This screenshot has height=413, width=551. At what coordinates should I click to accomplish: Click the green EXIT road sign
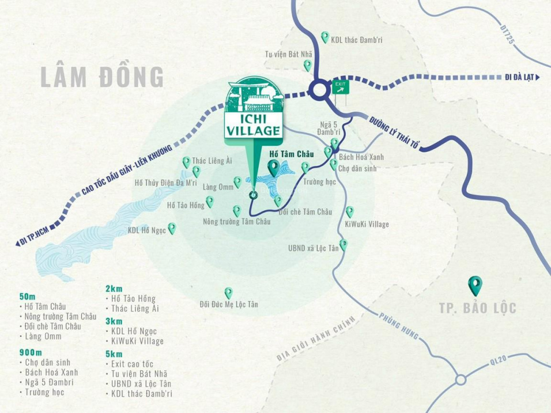coord(341,86)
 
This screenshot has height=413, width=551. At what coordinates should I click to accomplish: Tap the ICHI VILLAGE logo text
coord(253,124)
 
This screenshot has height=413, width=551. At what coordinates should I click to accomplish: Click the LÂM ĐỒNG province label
coord(103,77)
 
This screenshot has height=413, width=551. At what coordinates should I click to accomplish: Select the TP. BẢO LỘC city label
coord(476,308)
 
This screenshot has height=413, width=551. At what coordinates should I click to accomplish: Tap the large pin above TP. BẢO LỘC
coord(476,283)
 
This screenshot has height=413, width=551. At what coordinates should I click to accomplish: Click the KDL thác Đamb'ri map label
coord(357,40)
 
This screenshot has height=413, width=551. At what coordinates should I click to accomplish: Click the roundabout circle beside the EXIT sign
coord(318,89)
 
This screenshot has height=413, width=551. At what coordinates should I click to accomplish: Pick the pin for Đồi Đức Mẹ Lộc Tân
coord(228,293)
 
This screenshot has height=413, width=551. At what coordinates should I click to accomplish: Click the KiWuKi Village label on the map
coord(367,224)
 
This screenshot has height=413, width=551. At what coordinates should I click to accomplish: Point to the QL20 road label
coord(493,361)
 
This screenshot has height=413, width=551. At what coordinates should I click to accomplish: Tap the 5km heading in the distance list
coord(114,353)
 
